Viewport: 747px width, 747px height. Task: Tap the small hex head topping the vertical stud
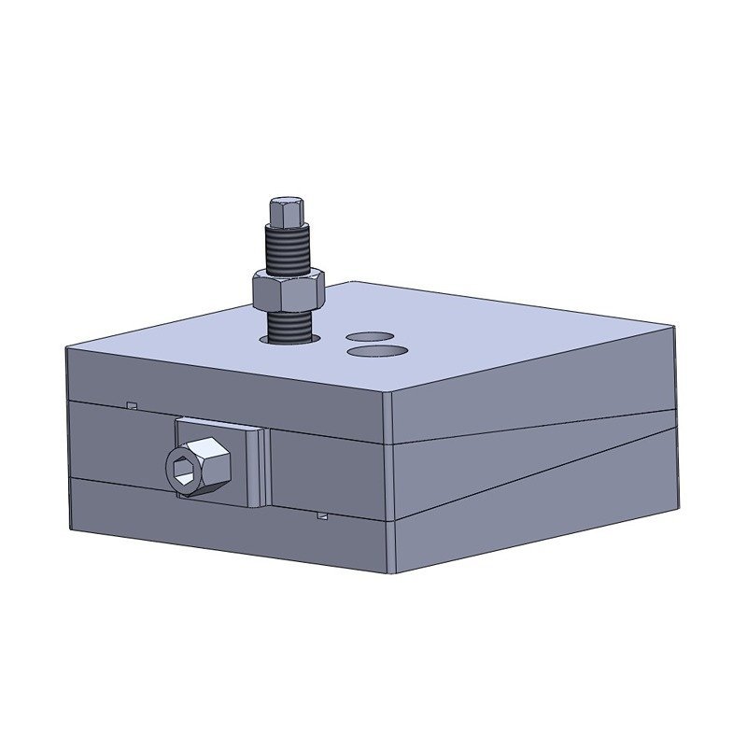(x=287, y=213)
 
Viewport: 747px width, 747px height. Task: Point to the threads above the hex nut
(x=288, y=250)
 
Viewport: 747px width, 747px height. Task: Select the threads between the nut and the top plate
(x=289, y=325)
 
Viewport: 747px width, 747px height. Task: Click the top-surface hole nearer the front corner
(x=376, y=351)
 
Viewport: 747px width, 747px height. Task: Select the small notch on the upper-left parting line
(x=133, y=405)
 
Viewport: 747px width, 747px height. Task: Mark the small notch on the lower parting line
(x=322, y=514)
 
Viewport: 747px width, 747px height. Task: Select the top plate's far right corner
(x=674, y=326)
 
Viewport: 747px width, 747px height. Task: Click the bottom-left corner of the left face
(x=70, y=530)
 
